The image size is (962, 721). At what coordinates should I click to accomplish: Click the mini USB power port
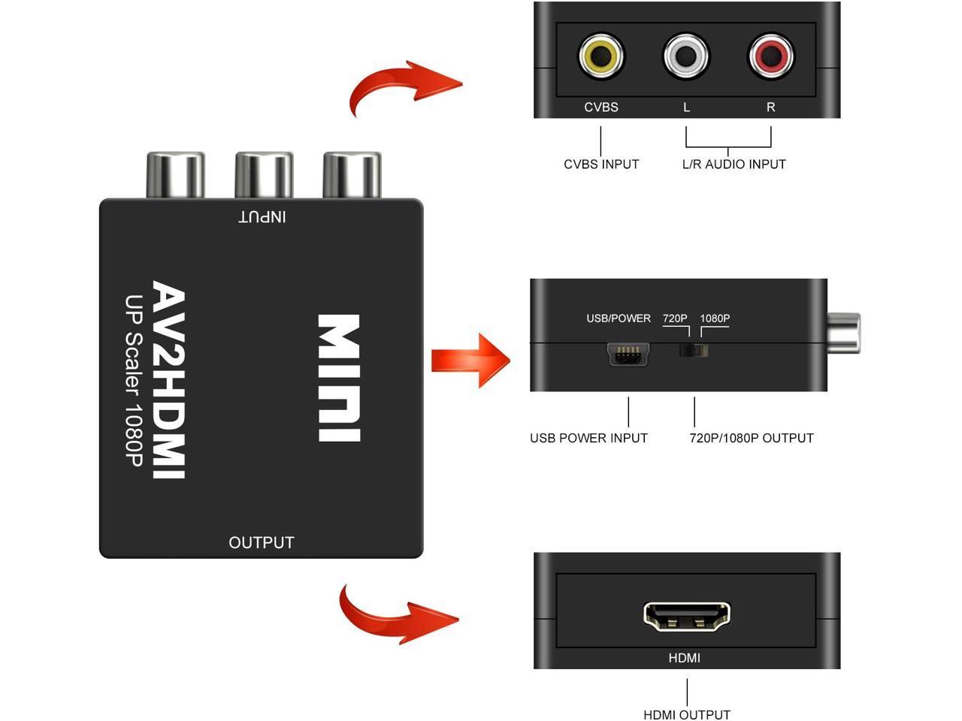629,354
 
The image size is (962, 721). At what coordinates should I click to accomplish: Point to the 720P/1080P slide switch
694,351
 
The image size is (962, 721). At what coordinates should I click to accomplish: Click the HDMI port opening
686,615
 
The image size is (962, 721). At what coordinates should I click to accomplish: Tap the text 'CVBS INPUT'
601,164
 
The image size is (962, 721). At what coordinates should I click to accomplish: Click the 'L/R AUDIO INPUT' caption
734,164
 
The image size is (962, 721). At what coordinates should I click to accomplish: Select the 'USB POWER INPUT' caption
588,438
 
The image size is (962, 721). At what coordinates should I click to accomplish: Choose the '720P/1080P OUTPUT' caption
752,438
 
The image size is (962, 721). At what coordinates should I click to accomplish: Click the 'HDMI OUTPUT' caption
687,714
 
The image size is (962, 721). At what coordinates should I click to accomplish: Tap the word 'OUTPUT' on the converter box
261,542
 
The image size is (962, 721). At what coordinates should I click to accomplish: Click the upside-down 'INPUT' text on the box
262,216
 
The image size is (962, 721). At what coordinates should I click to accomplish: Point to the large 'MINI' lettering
339,378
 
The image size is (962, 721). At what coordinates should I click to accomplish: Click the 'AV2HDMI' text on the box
170,379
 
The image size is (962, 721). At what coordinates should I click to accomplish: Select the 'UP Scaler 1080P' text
134,379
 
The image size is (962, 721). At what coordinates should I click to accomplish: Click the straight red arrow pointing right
470,360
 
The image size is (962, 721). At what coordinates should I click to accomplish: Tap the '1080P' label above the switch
715,318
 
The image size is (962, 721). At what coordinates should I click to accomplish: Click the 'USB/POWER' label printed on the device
618,318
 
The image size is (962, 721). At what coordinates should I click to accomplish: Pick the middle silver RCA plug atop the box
264,175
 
